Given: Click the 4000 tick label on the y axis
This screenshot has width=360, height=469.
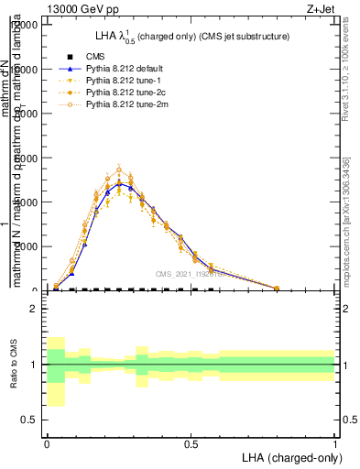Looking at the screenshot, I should (x=26, y=202).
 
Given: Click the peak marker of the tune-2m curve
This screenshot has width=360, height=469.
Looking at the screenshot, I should (x=119, y=169).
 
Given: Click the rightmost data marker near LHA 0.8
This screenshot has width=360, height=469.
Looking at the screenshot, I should (x=277, y=288).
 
